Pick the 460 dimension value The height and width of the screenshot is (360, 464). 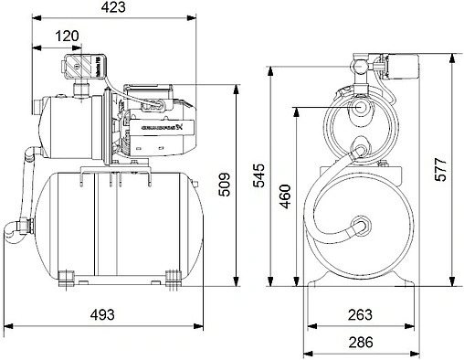point(285,195)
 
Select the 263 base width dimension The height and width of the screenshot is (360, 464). point(361,315)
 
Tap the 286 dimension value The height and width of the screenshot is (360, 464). point(361,343)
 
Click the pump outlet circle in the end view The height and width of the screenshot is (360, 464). point(362,108)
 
